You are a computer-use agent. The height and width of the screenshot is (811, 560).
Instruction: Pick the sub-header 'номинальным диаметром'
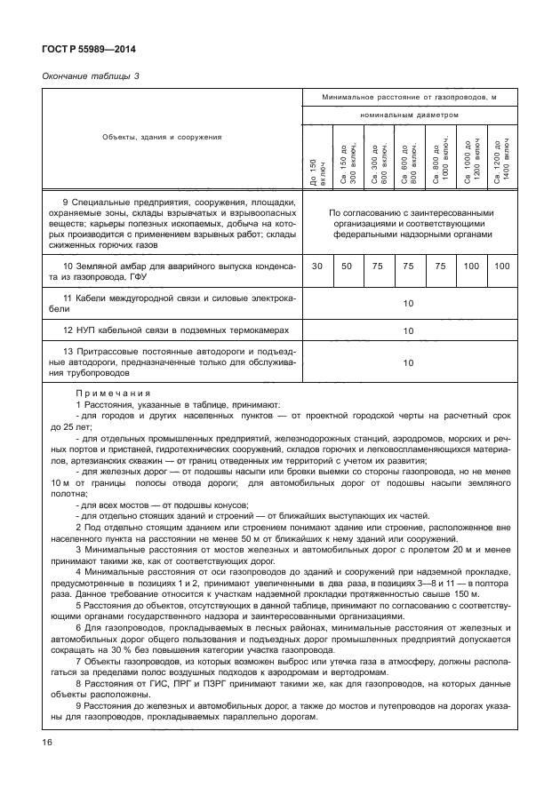(x=409, y=115)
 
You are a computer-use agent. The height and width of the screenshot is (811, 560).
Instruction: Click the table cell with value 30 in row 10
(x=317, y=267)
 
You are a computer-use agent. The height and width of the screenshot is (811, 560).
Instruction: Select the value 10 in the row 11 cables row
(x=408, y=304)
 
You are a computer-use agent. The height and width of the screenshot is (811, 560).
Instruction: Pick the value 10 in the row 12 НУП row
(x=408, y=330)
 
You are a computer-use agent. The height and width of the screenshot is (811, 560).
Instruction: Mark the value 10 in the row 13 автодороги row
(x=408, y=363)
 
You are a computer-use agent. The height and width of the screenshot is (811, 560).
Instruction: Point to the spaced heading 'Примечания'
(x=112, y=392)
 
